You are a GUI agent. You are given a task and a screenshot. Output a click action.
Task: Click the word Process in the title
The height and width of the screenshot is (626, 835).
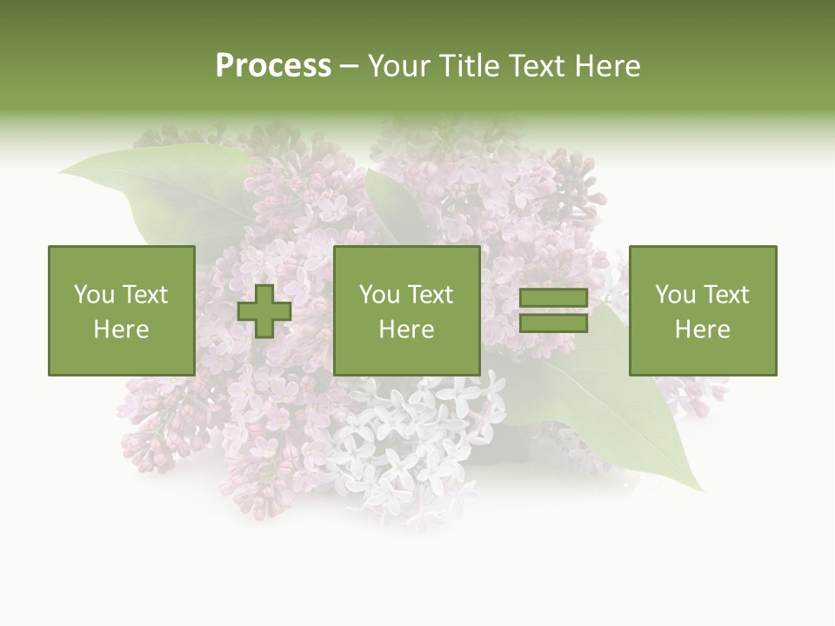click(x=273, y=66)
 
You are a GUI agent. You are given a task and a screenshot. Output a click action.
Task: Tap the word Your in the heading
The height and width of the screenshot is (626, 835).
click(x=398, y=66)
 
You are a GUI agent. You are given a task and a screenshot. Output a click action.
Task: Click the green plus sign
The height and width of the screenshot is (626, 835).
click(x=264, y=311)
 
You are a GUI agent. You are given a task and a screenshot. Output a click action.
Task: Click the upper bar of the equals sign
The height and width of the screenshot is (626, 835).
click(x=553, y=298)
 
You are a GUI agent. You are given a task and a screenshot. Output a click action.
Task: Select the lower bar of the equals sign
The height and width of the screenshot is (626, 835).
click(x=553, y=323)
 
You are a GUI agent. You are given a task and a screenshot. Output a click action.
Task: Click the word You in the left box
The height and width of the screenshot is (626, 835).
click(x=94, y=295)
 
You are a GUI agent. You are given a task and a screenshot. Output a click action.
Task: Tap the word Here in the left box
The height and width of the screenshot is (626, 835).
click(x=122, y=330)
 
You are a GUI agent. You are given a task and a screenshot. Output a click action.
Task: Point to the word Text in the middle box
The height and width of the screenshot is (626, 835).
click(x=430, y=295)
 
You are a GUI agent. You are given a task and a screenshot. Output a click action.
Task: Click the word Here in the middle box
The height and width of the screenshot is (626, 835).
click(x=407, y=330)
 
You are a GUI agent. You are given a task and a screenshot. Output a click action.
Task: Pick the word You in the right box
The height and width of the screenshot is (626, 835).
click(x=675, y=295)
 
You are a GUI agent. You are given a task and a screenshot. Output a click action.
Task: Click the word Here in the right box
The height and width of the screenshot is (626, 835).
click(x=703, y=330)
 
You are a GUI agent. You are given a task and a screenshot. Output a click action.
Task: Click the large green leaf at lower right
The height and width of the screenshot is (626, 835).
click(x=635, y=417)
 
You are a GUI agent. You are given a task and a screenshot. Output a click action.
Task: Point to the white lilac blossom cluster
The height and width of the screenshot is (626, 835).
click(x=409, y=443)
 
